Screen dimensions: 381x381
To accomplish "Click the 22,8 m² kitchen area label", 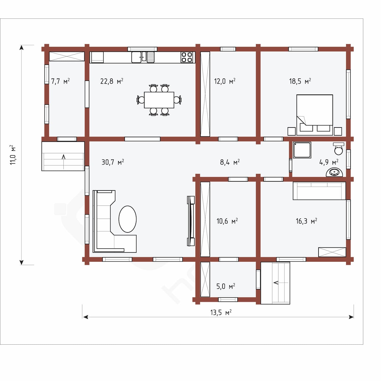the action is [112, 81].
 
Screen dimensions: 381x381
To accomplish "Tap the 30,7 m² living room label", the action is [113, 162].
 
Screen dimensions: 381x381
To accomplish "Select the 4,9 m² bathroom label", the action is [329, 162].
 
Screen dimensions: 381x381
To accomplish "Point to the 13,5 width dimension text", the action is [221, 312].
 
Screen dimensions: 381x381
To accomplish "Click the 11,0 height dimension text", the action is [13, 155].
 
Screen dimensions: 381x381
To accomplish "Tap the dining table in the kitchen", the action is [159, 100].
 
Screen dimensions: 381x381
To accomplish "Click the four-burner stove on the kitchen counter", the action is [187, 57].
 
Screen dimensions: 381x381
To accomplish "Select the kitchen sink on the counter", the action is [139, 57].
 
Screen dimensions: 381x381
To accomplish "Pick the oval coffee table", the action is [128, 219].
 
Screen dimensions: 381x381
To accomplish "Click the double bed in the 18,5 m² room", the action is [315, 115].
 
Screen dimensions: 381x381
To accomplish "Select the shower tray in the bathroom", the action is [302, 150].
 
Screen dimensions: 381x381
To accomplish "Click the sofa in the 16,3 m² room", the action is [319, 191].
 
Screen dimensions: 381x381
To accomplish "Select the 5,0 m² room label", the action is [226, 287].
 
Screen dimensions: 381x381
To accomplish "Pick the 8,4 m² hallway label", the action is [230, 162].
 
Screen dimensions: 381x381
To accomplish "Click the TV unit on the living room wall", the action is [191, 221].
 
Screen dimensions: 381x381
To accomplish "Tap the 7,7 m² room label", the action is [60, 81].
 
